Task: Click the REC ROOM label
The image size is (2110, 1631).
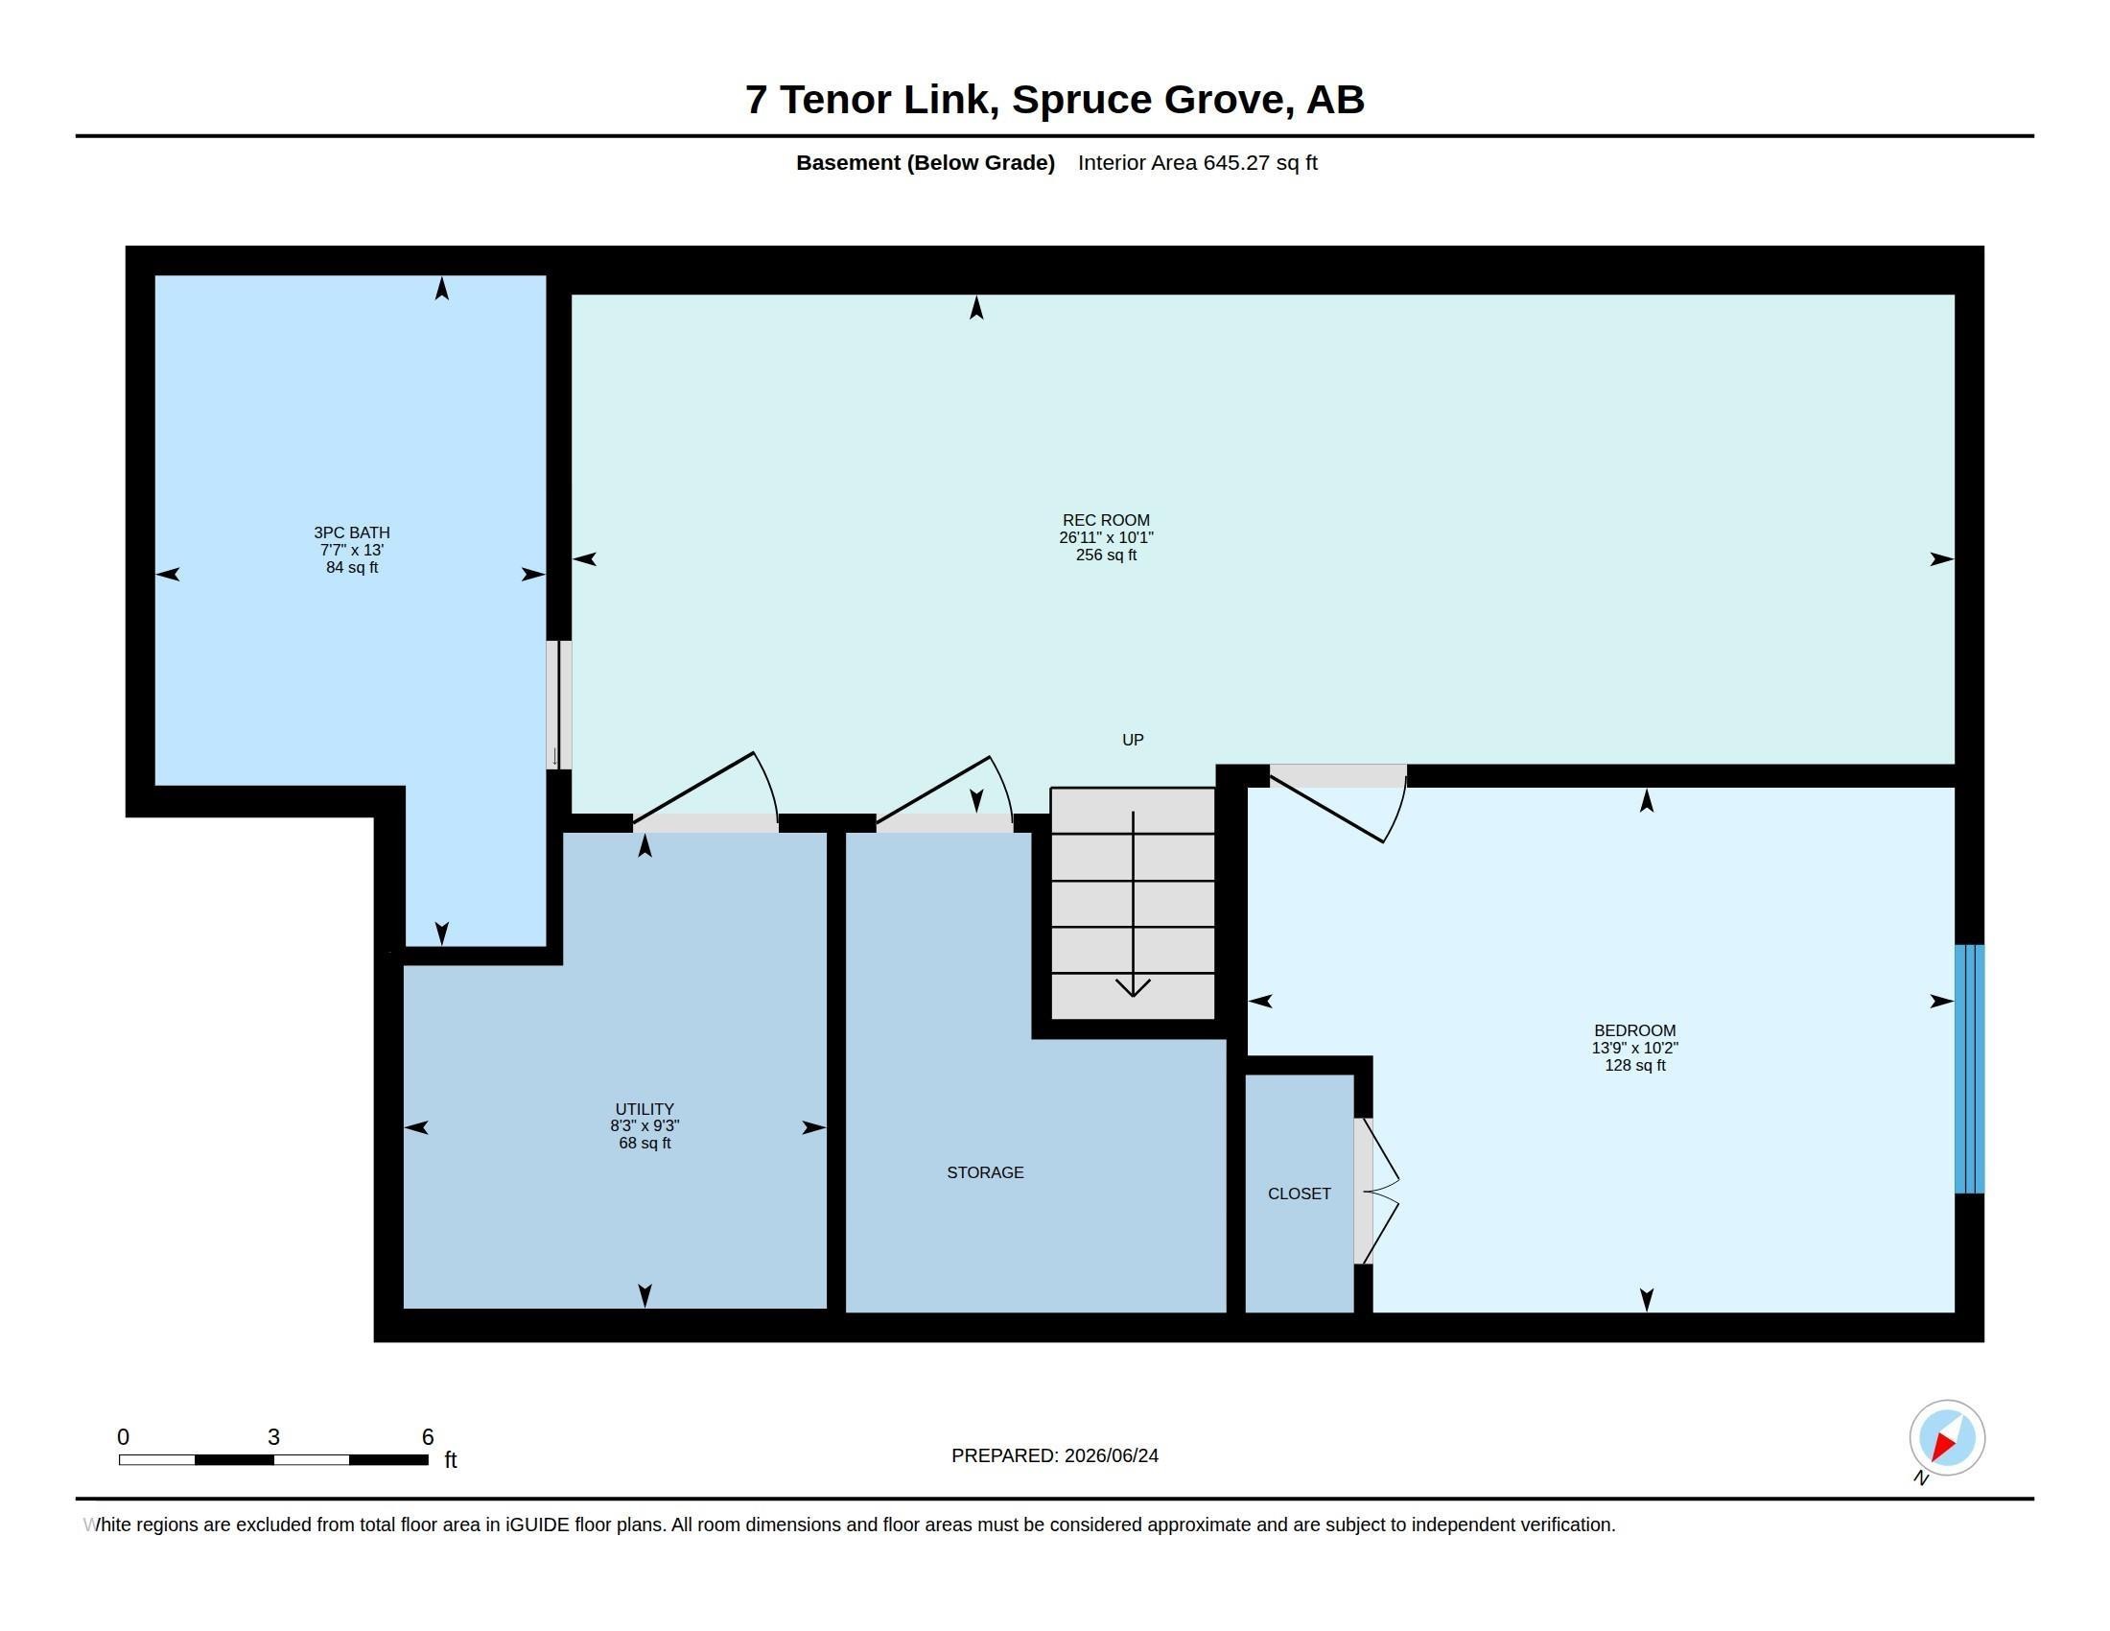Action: (x=1106, y=520)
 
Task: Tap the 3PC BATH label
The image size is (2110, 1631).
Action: (x=352, y=532)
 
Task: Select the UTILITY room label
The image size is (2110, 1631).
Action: (x=645, y=1109)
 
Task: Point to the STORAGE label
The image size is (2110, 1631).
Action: (x=984, y=1172)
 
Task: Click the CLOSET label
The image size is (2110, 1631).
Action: (x=1299, y=1194)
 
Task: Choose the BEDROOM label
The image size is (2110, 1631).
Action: (x=1634, y=1030)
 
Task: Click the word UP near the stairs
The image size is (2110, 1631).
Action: (x=1133, y=739)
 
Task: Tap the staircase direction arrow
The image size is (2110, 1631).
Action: (x=1133, y=905)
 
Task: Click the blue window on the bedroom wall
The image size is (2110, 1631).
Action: (x=1969, y=1069)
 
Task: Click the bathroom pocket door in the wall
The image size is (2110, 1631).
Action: (x=558, y=704)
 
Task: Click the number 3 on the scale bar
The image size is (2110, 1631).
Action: (x=273, y=1437)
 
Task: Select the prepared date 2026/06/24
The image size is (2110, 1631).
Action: (x=1111, y=1455)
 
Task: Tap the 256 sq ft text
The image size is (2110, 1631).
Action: (x=1106, y=555)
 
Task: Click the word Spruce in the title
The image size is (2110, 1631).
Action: (x=1082, y=100)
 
